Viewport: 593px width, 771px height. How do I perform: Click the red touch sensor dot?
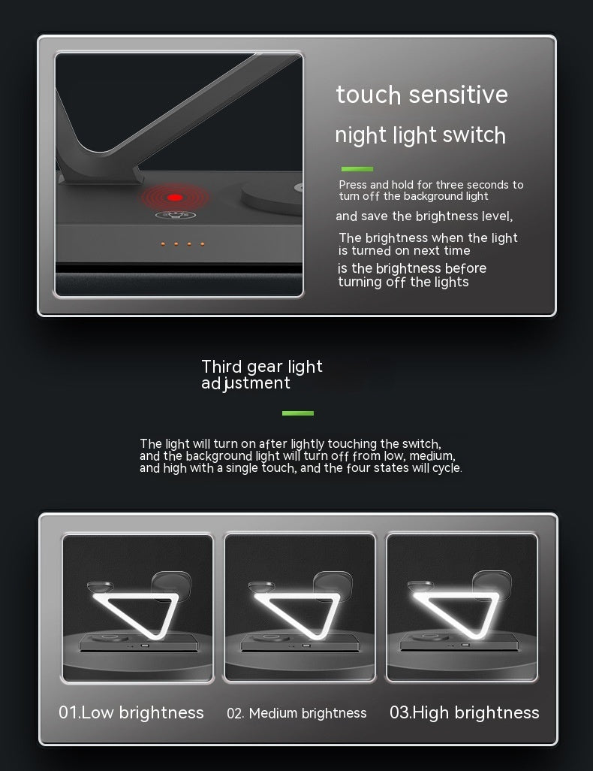(x=175, y=198)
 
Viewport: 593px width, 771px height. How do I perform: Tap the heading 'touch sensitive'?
(x=422, y=95)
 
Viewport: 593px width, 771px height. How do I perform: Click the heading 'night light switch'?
(x=420, y=135)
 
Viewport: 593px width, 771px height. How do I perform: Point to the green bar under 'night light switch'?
(x=357, y=169)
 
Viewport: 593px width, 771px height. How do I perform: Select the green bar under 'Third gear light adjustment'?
(x=297, y=413)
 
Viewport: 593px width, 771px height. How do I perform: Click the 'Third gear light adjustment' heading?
(x=262, y=374)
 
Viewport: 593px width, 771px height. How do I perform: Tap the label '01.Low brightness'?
(x=131, y=712)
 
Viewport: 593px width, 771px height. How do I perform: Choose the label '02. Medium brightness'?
(x=296, y=713)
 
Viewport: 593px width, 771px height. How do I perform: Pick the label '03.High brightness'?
(x=464, y=712)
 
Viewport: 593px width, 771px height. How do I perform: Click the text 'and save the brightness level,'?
(x=424, y=216)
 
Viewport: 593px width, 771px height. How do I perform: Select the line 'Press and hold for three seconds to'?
(x=431, y=185)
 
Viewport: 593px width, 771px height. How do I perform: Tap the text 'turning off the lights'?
(x=403, y=283)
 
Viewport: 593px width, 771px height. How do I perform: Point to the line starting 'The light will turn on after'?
(x=290, y=444)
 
